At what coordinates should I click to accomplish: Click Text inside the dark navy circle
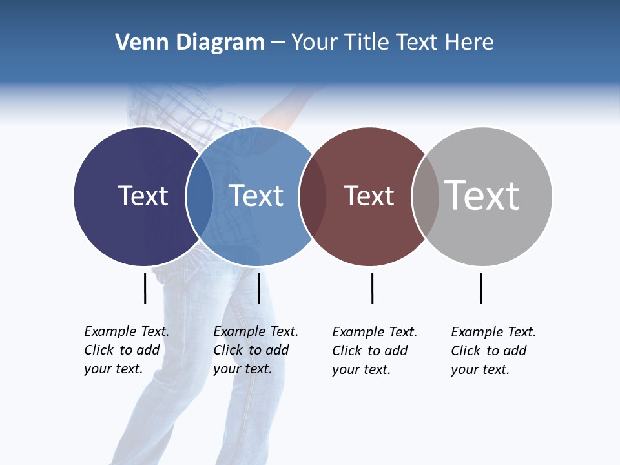[x=143, y=196]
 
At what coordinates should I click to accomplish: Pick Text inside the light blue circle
[x=256, y=196]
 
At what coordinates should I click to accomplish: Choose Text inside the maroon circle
[x=369, y=196]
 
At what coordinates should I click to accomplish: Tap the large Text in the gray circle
[x=482, y=195]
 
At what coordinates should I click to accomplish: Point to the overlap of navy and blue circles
[x=200, y=196]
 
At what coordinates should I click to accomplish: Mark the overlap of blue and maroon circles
[x=313, y=196]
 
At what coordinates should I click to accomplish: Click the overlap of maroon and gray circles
[x=426, y=196]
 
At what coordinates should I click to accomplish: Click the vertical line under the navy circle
[x=145, y=288]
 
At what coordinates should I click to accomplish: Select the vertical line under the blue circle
[x=258, y=288]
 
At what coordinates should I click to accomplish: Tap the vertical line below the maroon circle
[x=372, y=288]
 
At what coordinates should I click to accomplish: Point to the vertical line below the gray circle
[x=480, y=288]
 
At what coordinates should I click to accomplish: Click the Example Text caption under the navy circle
[x=127, y=350]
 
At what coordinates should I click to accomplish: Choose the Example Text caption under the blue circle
[x=256, y=350]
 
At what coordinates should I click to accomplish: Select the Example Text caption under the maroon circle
[x=375, y=351]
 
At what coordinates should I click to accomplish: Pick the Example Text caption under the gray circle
[x=493, y=351]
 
